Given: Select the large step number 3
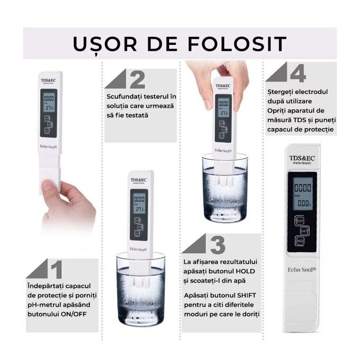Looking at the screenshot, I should (217, 245).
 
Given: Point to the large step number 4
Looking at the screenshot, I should (298, 74).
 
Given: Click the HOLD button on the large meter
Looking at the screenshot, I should (300, 240).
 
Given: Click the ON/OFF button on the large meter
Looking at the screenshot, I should (300, 220).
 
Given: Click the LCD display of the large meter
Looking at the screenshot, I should (302, 194).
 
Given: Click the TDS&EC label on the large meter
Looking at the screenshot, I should (302, 158).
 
